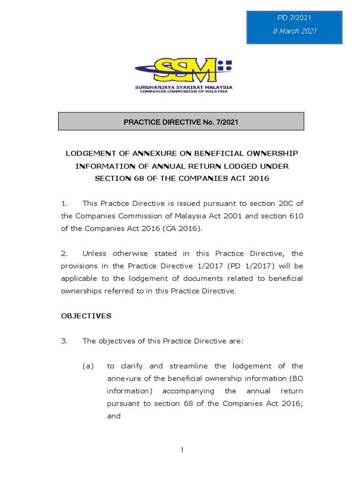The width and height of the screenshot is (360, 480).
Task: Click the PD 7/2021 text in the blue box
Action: point(294,18)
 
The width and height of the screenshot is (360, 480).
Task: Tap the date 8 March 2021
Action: point(294,31)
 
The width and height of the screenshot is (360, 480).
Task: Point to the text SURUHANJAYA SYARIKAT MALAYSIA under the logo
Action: point(183,87)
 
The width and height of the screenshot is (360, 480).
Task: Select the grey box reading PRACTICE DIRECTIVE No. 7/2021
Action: point(181,122)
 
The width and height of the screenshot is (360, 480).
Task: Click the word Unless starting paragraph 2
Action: point(95,253)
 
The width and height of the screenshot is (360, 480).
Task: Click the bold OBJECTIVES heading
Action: point(86,315)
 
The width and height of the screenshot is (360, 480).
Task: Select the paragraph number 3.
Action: point(64,341)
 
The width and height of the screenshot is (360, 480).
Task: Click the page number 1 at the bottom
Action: point(182,450)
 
